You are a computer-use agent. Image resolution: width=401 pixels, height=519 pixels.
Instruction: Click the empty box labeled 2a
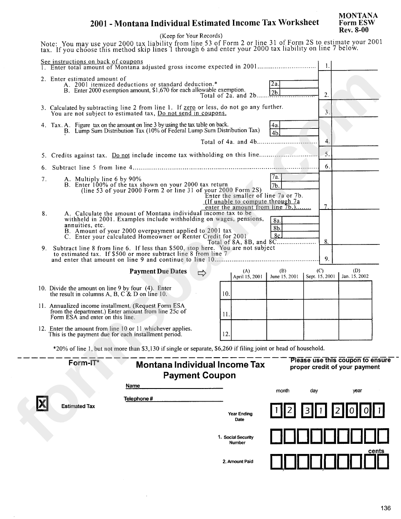coord(298,84)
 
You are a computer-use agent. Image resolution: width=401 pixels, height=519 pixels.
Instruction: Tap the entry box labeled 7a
coord(299,177)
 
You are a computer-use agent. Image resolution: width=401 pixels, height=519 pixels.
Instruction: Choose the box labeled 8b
coord(300,228)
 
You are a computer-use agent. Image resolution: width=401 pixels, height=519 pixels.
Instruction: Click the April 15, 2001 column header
coord(248,277)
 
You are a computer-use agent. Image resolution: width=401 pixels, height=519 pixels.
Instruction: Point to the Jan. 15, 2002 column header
coord(355,277)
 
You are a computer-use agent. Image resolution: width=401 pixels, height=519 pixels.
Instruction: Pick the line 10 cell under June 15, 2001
coord(285,290)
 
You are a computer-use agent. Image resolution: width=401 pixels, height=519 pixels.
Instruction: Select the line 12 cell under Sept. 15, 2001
coord(321,330)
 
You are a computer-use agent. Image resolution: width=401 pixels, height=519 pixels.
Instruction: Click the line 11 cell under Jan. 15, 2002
coord(355,310)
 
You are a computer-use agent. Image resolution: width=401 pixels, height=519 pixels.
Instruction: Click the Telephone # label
coord(138,399)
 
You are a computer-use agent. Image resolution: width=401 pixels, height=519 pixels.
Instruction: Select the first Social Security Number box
coord(276,436)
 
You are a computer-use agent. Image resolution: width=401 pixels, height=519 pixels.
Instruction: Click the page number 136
coord(385,508)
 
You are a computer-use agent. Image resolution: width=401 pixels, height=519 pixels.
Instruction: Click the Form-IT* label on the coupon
coord(84,363)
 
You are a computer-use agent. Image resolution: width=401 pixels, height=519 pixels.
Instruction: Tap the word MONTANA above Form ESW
coord(358,15)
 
